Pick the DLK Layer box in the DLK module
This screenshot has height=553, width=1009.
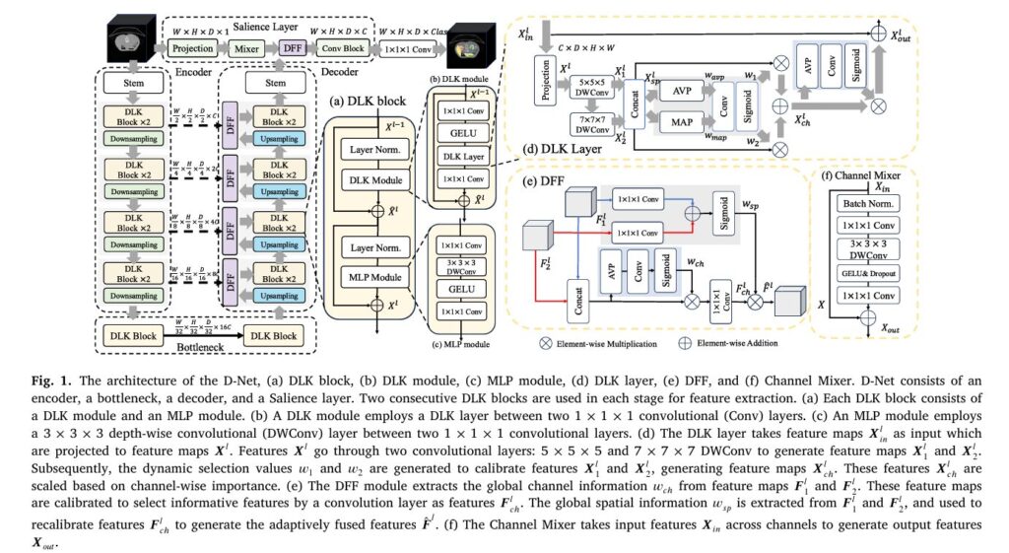463,157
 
